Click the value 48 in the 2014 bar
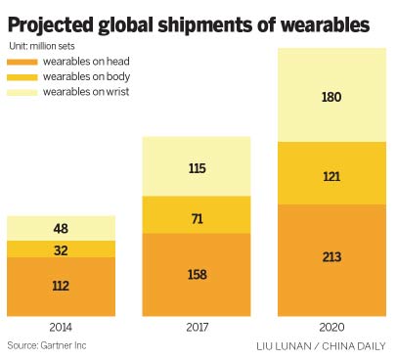(x=62, y=229)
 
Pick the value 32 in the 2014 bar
(x=62, y=249)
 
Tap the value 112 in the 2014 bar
(x=62, y=286)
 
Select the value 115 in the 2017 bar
(x=198, y=167)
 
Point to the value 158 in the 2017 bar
(x=198, y=275)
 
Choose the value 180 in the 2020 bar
(x=332, y=97)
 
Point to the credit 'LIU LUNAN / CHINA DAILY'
(x=320, y=346)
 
